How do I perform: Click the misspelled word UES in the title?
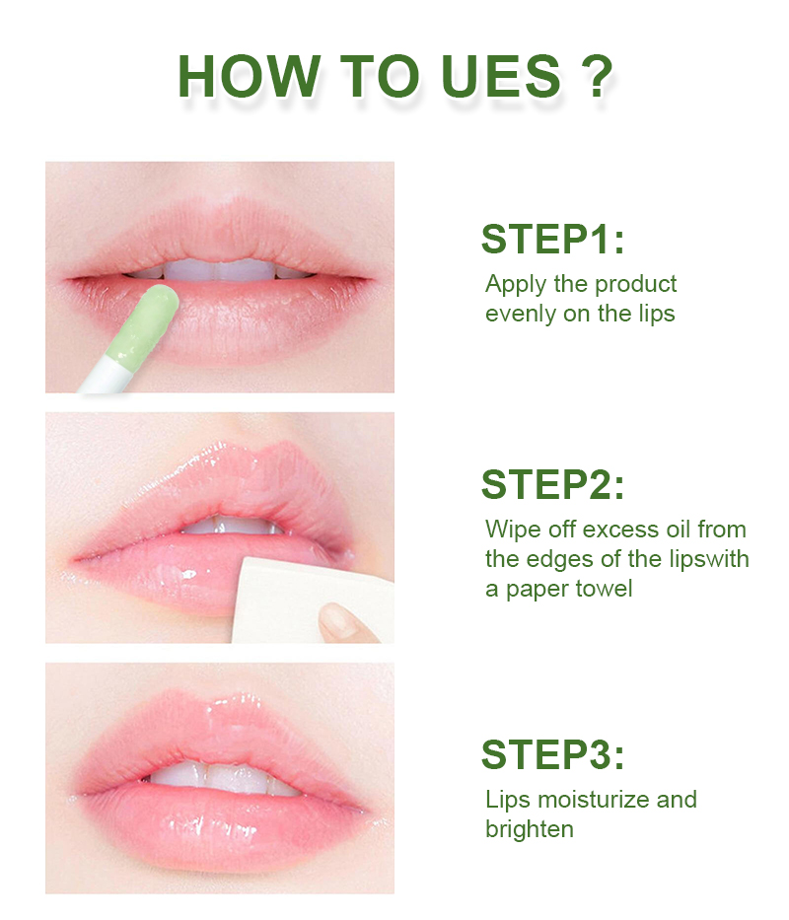(x=501, y=76)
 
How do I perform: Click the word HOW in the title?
(x=249, y=76)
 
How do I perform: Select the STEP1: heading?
(x=552, y=239)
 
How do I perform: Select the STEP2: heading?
(x=552, y=484)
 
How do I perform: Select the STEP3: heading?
(x=552, y=754)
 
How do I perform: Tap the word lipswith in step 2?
(x=700, y=559)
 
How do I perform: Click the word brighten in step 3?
(x=529, y=829)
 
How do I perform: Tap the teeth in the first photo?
(x=217, y=270)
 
